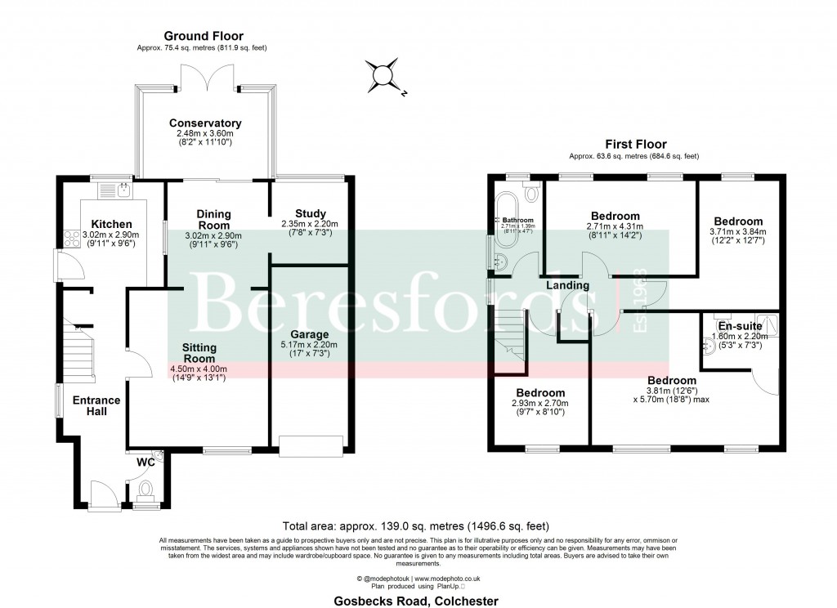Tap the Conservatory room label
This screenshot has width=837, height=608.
click(205, 123)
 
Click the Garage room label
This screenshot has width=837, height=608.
click(309, 334)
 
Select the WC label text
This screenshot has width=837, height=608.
click(145, 463)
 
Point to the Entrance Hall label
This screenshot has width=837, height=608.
click(96, 405)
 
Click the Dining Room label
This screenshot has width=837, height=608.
click(213, 219)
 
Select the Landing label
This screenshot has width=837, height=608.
click(568, 285)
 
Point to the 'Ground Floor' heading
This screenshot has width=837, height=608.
click(204, 36)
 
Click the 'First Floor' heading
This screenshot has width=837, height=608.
click(633, 144)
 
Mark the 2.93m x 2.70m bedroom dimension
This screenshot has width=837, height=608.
click(540, 404)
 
